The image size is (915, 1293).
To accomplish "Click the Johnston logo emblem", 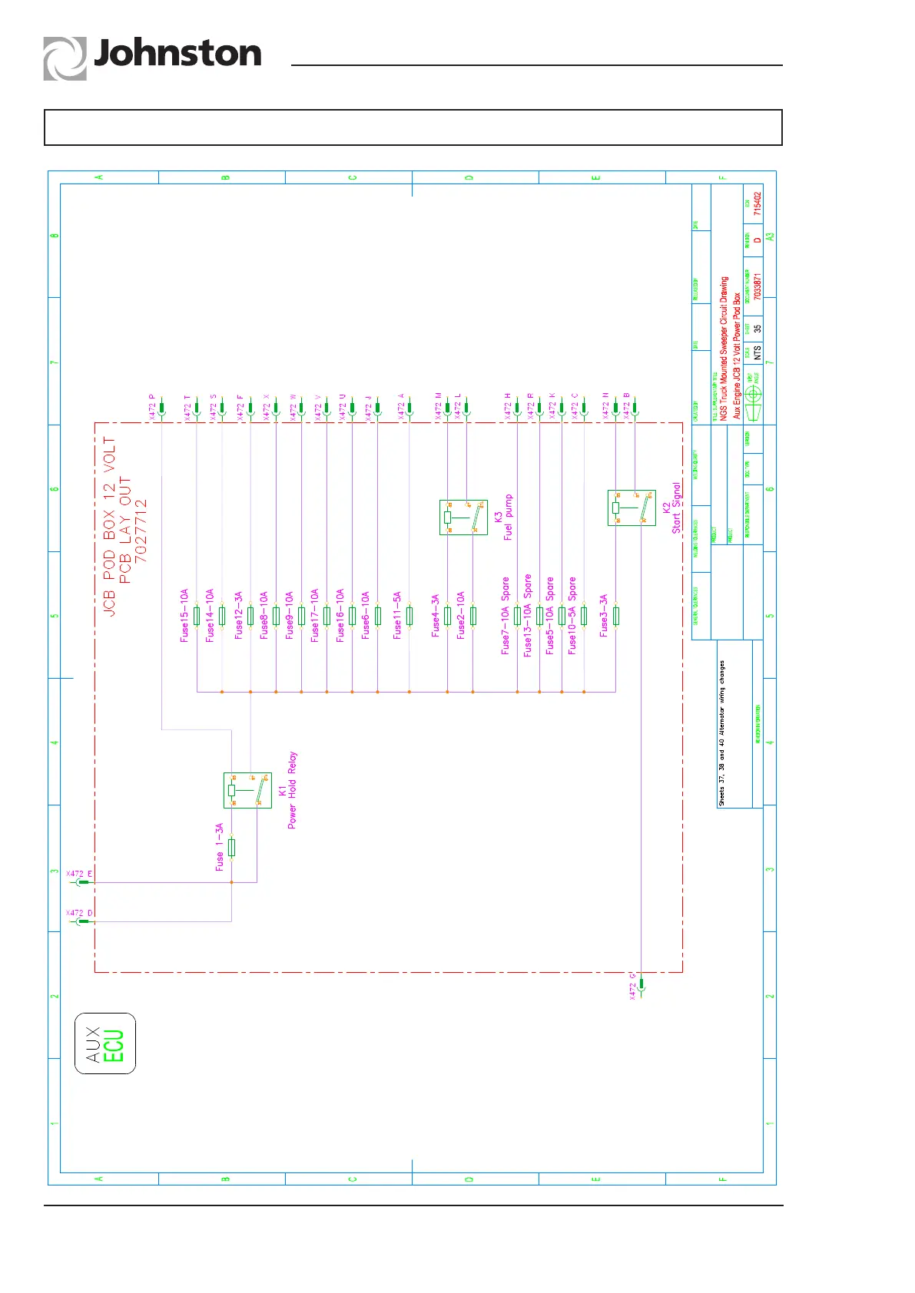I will pos(65,59).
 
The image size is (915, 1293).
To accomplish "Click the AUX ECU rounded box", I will pos(105,1043).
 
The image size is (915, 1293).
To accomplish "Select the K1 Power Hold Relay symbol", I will pos(247,790).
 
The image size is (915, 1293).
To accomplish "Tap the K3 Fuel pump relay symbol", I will pos(463,517).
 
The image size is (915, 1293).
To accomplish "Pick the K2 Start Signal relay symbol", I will pos(632,508).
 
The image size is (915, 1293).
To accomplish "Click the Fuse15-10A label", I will pos(184,615).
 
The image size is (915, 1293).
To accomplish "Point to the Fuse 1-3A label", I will pos(220,847).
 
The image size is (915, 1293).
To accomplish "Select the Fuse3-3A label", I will pos(604,615).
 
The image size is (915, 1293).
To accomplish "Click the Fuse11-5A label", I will pos(397,615).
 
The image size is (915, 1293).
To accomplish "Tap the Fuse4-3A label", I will pos(436,615).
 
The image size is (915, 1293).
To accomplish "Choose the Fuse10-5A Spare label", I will pos(572,615).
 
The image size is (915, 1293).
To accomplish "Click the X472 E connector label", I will pos(79,874).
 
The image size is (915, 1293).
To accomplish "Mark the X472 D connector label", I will pos(79,913).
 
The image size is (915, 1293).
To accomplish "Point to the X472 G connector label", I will pos(633,987).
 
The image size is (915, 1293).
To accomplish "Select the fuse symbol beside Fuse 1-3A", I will pos(232,848).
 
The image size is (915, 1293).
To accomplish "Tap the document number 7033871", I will pos(758,286).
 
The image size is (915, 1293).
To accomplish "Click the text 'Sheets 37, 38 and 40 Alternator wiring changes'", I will pos(722,733).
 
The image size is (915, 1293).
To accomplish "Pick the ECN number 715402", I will pos(758,203).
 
